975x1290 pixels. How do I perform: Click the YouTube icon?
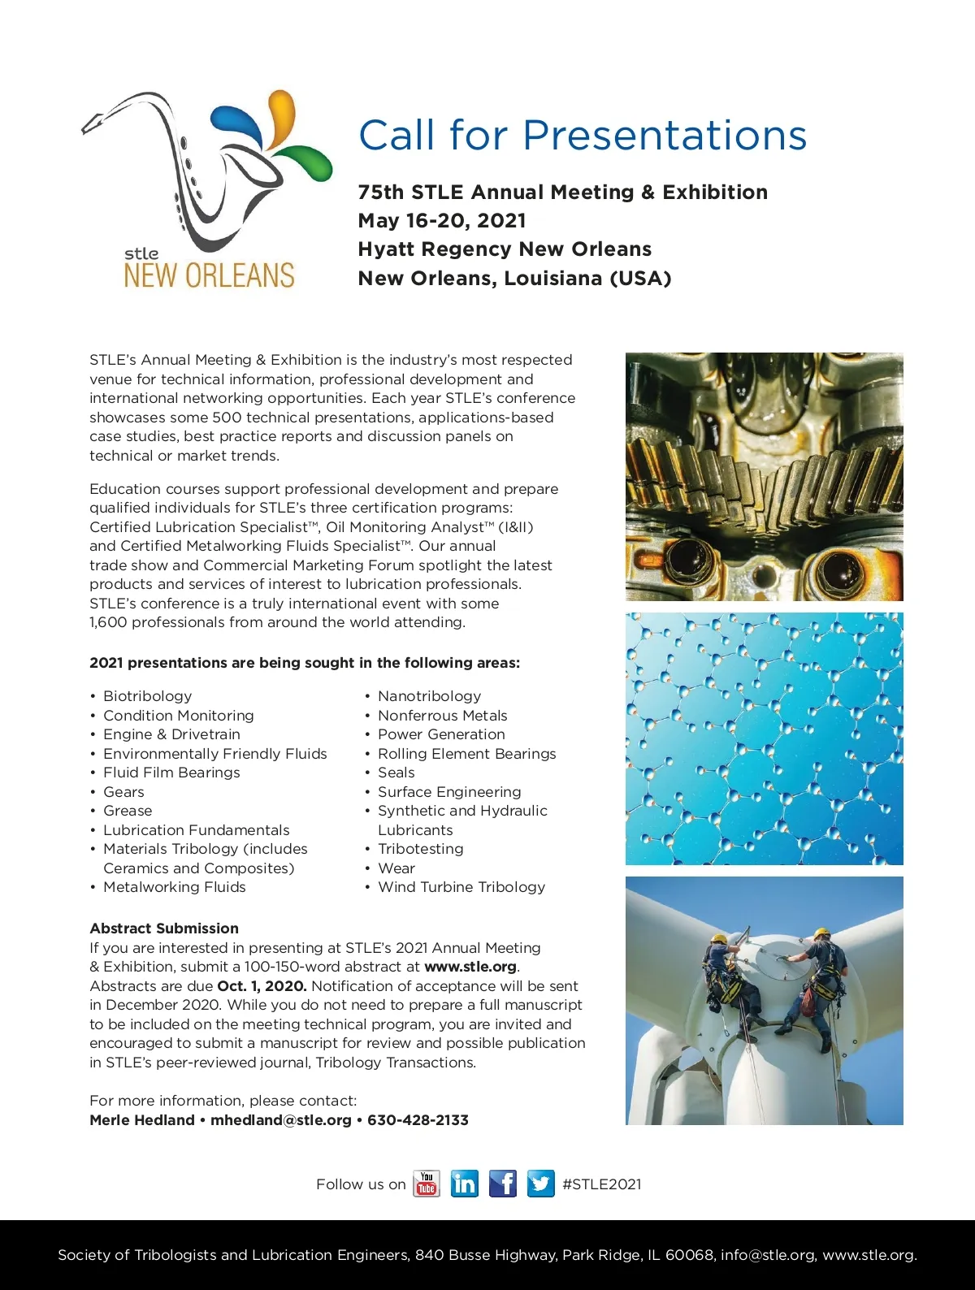(x=427, y=1184)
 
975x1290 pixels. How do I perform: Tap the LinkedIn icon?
(x=465, y=1184)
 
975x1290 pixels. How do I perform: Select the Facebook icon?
(x=503, y=1184)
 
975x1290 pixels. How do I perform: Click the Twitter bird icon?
(x=540, y=1184)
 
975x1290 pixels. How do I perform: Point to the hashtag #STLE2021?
(x=601, y=1184)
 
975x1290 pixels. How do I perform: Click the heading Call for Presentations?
(x=583, y=135)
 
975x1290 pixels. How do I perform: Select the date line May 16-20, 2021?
(x=442, y=221)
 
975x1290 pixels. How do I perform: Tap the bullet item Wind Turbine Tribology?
(x=461, y=887)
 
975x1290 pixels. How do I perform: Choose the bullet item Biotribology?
(x=147, y=696)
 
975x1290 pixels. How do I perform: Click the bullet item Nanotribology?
(x=429, y=696)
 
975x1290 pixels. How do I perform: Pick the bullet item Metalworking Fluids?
(x=174, y=887)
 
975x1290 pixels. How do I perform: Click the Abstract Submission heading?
(x=164, y=929)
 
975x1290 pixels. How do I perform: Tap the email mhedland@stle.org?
(x=281, y=1120)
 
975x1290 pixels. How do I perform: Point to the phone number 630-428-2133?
(x=418, y=1120)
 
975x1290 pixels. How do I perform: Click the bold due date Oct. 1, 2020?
(x=262, y=986)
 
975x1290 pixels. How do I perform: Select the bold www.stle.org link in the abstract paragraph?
(x=470, y=967)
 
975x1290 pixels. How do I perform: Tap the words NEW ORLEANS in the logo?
(x=209, y=276)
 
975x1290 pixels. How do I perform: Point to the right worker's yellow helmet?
(x=821, y=933)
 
